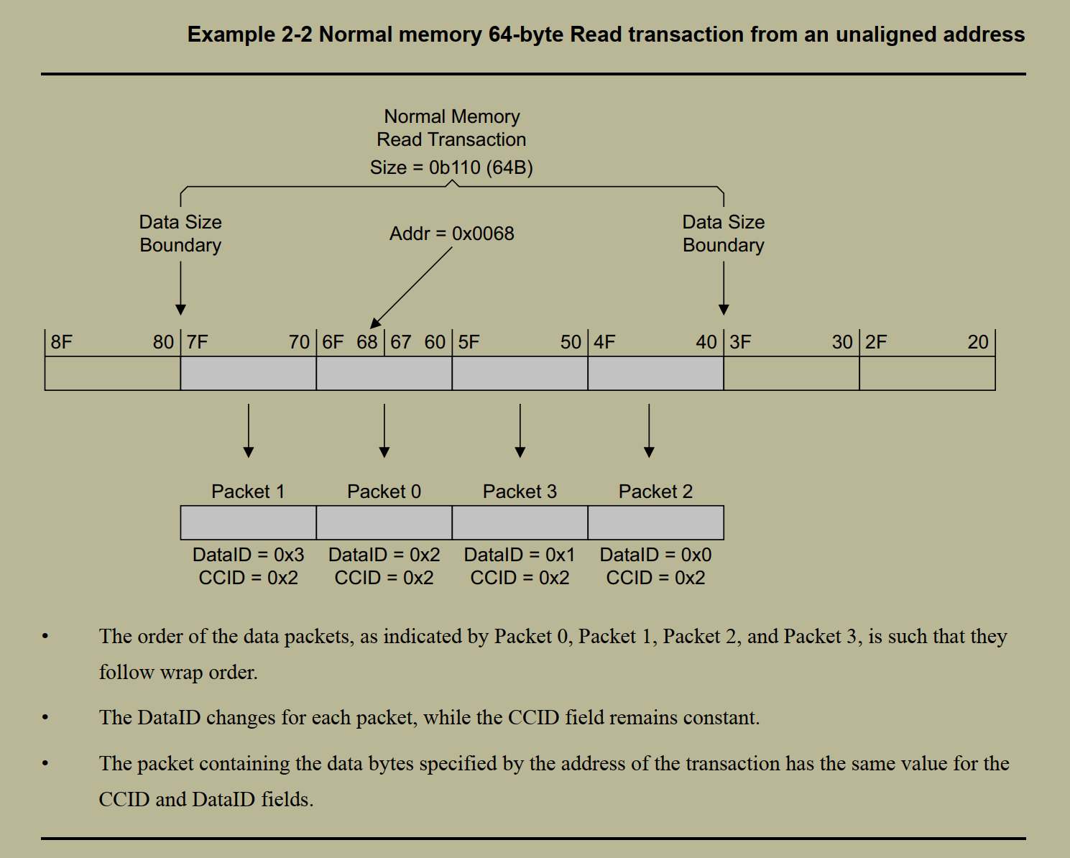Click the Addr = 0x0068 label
pyautogui.click(x=451, y=234)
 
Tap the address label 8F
pyautogui.click(x=62, y=342)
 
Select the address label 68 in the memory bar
pyautogui.click(x=367, y=342)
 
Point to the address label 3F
pyautogui.click(x=740, y=342)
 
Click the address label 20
pyautogui.click(x=977, y=342)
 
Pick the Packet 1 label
pyautogui.click(x=248, y=492)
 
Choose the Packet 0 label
pyautogui.click(x=384, y=492)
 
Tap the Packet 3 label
pyautogui.click(x=520, y=492)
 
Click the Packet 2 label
pyautogui.click(x=655, y=492)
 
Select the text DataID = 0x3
pyautogui.click(x=248, y=555)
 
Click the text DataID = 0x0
pyautogui.click(x=655, y=555)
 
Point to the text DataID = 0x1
pyautogui.click(x=520, y=555)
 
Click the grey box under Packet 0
pyautogui.click(x=384, y=522)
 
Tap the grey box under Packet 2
pyautogui.click(x=655, y=522)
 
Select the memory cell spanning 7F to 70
pyautogui.click(x=248, y=374)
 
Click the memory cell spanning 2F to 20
pyautogui.click(x=927, y=374)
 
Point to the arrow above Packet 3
pyautogui.click(x=520, y=431)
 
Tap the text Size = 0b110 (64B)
pyautogui.click(x=451, y=167)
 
